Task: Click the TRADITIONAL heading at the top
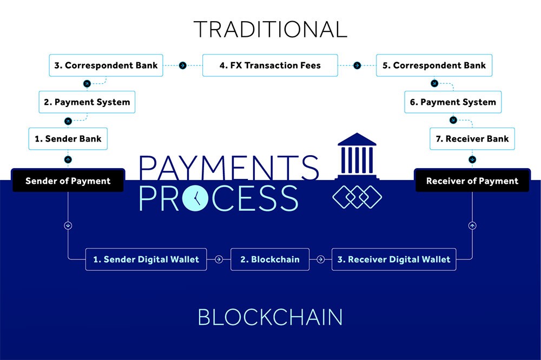pyautogui.click(x=270, y=29)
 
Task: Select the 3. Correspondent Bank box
pyautogui.click(x=105, y=65)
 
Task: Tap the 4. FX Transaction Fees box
pyautogui.click(x=270, y=65)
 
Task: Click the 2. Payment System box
pyautogui.click(x=87, y=102)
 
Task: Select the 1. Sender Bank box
pyautogui.click(x=68, y=138)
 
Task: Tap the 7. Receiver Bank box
pyautogui.click(x=472, y=138)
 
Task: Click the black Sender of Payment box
pyautogui.click(x=68, y=181)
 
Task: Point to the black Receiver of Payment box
pyautogui.click(x=472, y=181)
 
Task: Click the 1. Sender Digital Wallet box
pyautogui.click(x=146, y=259)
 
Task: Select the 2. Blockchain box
pyautogui.click(x=269, y=259)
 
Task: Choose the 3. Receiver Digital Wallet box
pyautogui.click(x=394, y=259)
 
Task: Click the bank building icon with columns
pyautogui.click(x=357, y=157)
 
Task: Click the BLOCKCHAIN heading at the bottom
pyautogui.click(x=270, y=317)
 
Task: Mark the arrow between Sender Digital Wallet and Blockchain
pyautogui.click(x=219, y=259)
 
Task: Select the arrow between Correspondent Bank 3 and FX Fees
pyautogui.click(x=183, y=65)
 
